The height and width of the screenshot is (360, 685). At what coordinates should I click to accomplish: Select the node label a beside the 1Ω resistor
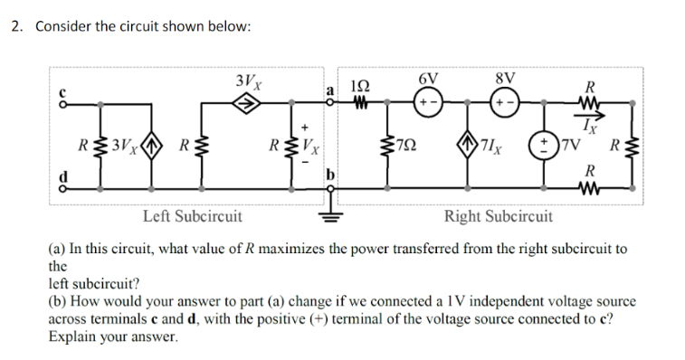point(331,90)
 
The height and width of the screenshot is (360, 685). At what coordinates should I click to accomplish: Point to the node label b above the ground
point(331,173)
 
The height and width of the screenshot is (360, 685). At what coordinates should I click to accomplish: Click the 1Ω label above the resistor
point(359,83)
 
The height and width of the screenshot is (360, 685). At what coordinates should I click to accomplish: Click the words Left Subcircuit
point(193,216)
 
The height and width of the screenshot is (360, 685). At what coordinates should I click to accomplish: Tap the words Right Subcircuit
point(498,216)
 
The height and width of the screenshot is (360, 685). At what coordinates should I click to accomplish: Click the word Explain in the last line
point(73,336)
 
